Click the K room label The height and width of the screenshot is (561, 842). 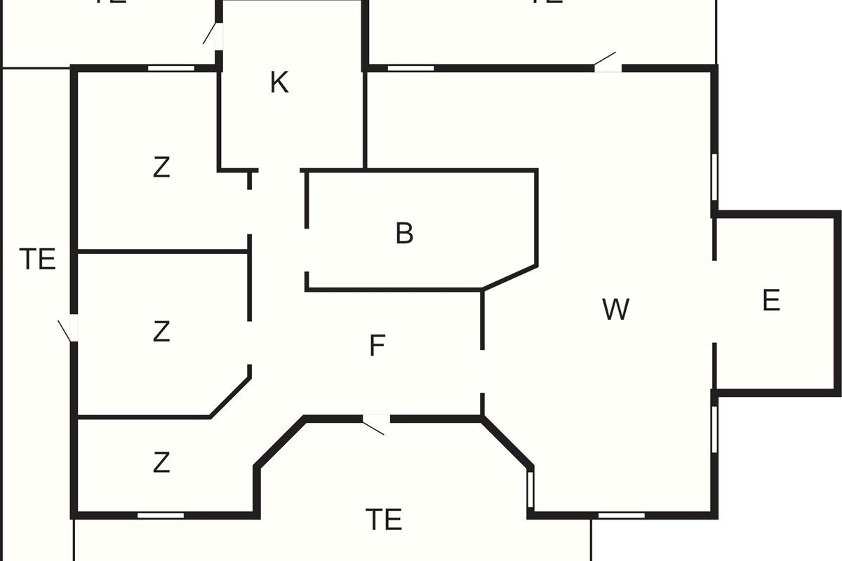(x=279, y=83)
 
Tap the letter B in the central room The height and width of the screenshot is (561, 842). (x=404, y=234)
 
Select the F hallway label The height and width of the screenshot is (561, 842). (x=377, y=346)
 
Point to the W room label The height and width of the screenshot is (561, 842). (x=615, y=309)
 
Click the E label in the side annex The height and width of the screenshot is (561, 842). (x=770, y=301)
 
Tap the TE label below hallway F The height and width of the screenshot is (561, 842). (x=384, y=520)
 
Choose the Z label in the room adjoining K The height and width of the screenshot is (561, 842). (x=161, y=168)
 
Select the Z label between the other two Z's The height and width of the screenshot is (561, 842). (x=161, y=331)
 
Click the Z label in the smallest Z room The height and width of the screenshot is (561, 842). (x=161, y=463)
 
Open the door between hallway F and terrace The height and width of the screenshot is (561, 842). (x=376, y=421)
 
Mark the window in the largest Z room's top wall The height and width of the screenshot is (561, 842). (x=171, y=68)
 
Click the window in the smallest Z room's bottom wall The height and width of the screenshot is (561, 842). (x=160, y=515)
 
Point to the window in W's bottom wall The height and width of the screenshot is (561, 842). (x=621, y=515)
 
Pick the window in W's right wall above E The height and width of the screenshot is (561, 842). (x=714, y=177)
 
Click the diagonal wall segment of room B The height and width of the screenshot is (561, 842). (x=510, y=277)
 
